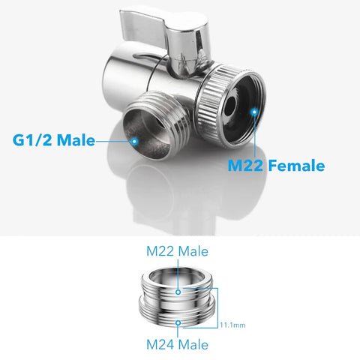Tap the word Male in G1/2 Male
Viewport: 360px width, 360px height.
click(x=76, y=139)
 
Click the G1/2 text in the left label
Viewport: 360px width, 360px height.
click(x=32, y=139)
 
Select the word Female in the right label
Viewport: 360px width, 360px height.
click(x=297, y=165)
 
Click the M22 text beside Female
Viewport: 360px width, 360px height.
click(x=245, y=165)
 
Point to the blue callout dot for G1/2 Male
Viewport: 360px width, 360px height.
click(x=134, y=142)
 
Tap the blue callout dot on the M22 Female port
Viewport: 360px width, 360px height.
click(x=254, y=112)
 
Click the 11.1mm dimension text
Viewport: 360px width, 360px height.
click(x=232, y=325)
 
